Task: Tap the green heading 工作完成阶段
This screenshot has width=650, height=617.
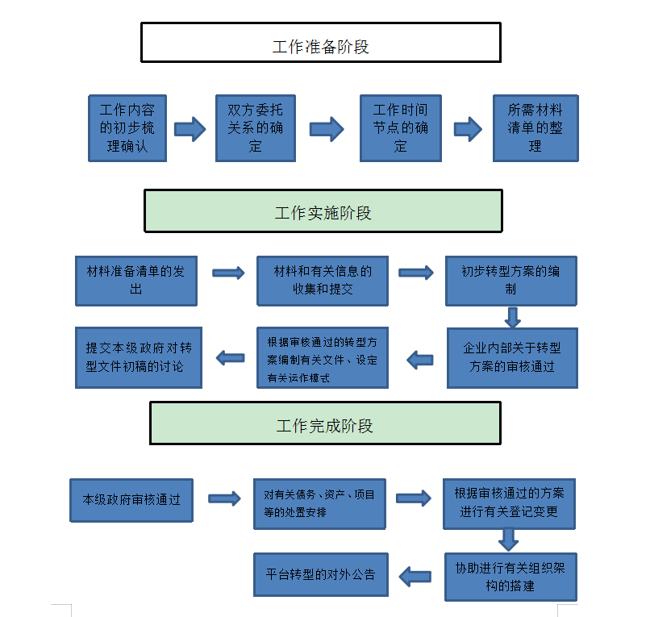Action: tap(324, 423)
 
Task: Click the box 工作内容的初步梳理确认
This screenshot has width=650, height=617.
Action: tap(127, 128)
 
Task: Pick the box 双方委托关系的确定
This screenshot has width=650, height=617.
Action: tap(255, 128)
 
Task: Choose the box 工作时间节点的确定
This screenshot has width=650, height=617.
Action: tap(400, 128)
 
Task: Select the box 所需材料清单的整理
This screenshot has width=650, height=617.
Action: tap(535, 128)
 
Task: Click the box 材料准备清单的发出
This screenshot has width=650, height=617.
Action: tap(135, 281)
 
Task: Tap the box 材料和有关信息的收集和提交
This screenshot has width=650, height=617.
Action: tap(322, 281)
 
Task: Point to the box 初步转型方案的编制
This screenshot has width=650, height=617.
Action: tap(510, 281)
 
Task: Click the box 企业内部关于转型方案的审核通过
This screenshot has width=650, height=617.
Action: tap(512, 357)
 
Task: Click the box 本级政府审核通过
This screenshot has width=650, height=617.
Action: tap(131, 500)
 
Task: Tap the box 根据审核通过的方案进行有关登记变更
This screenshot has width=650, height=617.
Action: tap(509, 502)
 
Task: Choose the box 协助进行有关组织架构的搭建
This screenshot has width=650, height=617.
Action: tap(510, 576)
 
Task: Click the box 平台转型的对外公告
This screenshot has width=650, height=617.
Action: tap(321, 575)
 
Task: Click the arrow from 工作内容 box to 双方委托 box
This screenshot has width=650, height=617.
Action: tap(190, 128)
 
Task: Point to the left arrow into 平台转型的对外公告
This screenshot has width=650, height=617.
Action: tap(416, 576)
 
